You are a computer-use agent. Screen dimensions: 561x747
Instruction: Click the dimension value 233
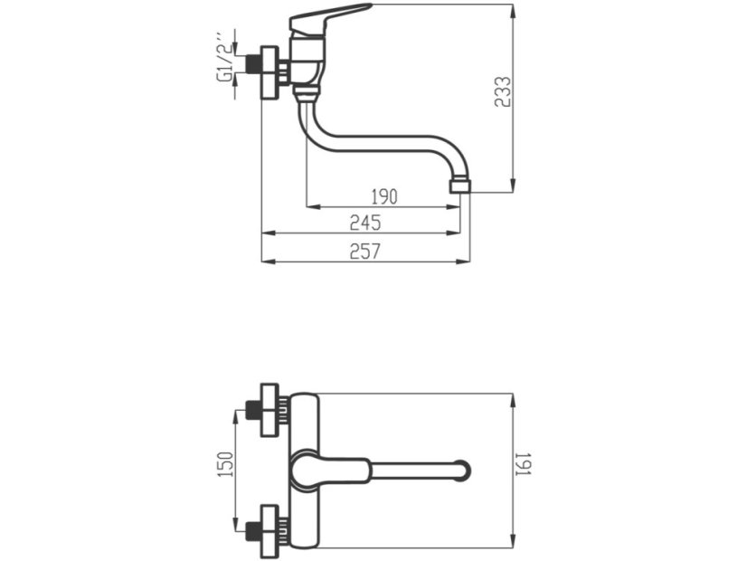tap(503, 92)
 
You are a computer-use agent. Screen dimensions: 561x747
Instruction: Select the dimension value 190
tap(384, 196)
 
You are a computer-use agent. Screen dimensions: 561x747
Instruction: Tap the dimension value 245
tap(365, 223)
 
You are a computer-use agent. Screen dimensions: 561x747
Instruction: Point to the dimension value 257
tap(365, 252)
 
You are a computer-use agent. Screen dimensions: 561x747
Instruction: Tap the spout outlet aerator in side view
tap(460, 186)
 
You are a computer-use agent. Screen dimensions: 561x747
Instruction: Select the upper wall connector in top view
tap(269, 410)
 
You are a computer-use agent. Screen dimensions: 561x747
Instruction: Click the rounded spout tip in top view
tap(463, 470)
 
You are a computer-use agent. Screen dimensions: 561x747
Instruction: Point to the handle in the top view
tap(331, 469)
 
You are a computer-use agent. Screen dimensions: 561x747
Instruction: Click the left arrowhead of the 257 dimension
tap(265, 262)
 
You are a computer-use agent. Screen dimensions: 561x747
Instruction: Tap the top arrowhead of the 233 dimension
tap(513, 9)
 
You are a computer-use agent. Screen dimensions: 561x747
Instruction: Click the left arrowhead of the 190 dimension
tap(311, 207)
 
